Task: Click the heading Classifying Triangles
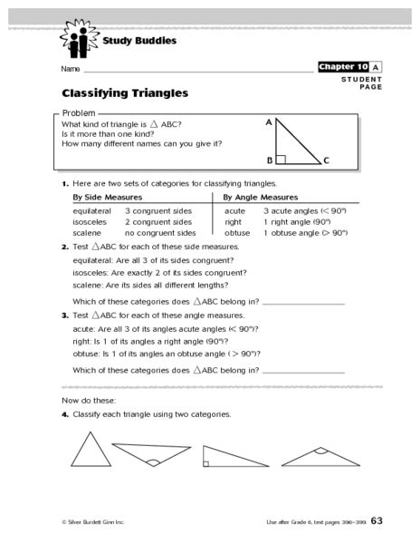coord(125,92)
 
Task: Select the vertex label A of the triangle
coord(268,121)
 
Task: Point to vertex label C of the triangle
coord(326,161)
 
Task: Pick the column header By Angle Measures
coord(261,196)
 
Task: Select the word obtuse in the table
coord(237,232)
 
